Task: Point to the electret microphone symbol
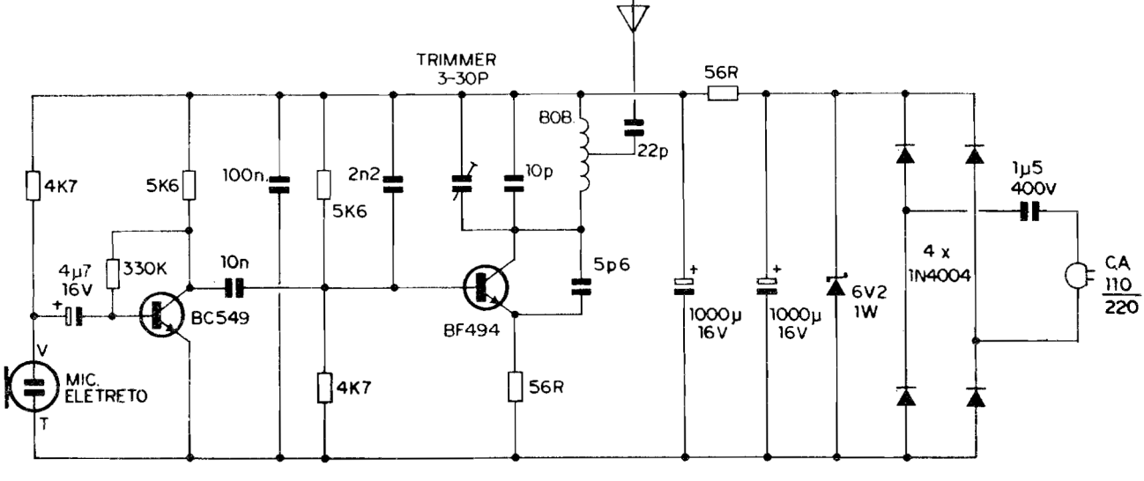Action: point(33,385)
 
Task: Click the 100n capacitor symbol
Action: point(279,184)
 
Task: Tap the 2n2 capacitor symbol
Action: point(392,184)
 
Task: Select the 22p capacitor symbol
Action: point(632,129)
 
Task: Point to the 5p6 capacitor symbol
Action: point(582,284)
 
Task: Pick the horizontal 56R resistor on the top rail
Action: point(723,92)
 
